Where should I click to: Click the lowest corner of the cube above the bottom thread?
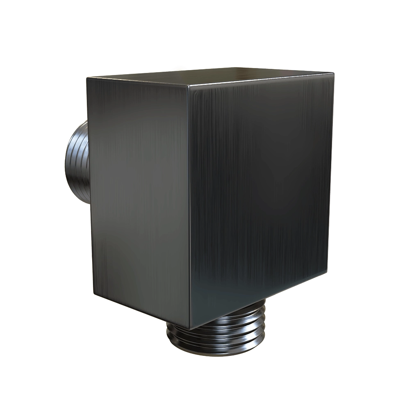point(190,328)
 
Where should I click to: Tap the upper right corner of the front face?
point(333,74)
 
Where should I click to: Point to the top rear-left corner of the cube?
point(87,77)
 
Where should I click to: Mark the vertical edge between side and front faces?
point(189,205)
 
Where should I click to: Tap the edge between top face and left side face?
point(137,82)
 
